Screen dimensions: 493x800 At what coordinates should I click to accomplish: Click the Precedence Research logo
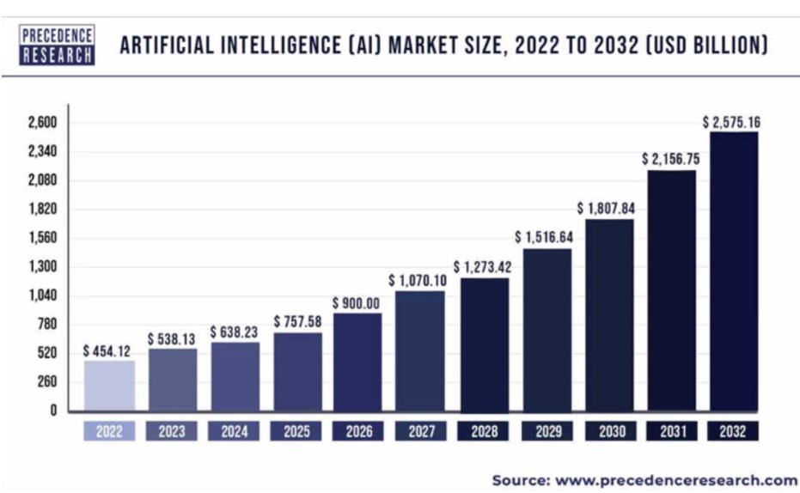click(x=56, y=45)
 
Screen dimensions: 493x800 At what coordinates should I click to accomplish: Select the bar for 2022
click(x=109, y=386)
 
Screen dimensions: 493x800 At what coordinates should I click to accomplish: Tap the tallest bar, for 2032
click(x=733, y=271)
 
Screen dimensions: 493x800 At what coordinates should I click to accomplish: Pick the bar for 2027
click(x=421, y=350)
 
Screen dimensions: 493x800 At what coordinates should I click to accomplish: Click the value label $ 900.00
click(x=357, y=303)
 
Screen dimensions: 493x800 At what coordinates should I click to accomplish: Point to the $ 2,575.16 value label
click(x=732, y=122)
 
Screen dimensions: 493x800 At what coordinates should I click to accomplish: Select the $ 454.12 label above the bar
click(x=109, y=351)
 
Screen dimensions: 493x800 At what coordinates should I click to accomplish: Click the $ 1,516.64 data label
click(x=546, y=237)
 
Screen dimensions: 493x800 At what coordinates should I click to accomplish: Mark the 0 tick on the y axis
click(x=52, y=411)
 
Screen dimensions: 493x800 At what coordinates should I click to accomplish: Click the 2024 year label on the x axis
click(x=235, y=431)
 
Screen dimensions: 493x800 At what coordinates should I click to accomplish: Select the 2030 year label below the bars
click(x=608, y=431)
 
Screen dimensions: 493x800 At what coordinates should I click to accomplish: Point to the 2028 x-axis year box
click(x=484, y=431)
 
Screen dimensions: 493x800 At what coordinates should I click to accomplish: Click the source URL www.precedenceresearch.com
click(x=677, y=479)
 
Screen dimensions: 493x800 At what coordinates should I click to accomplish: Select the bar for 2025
click(x=297, y=372)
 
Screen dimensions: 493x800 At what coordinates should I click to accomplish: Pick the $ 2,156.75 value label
click(x=671, y=160)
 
